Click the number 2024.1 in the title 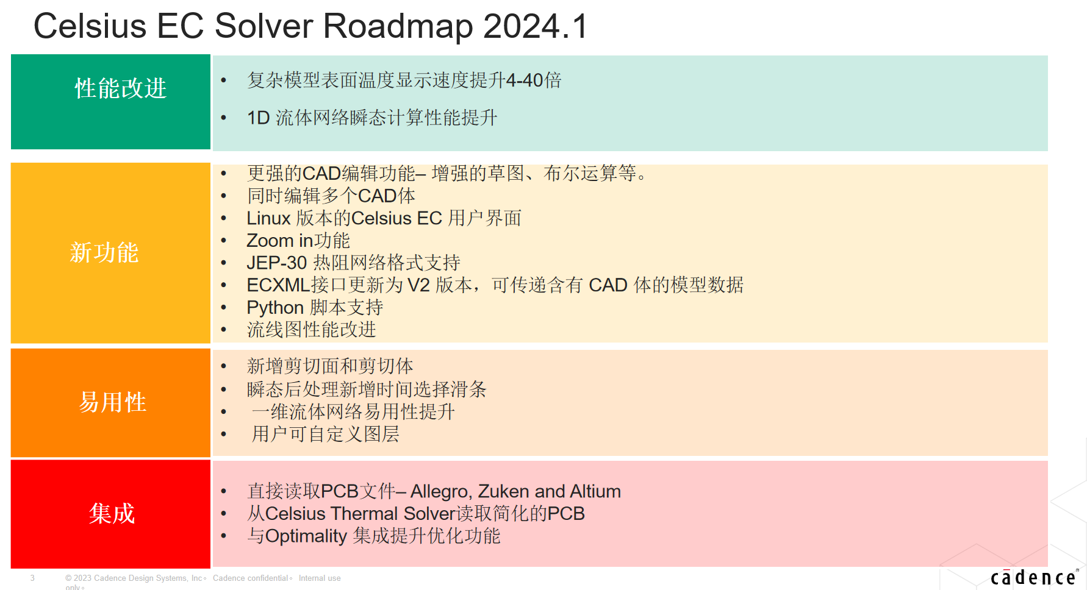pyautogui.click(x=535, y=26)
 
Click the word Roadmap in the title pyautogui.click(x=398, y=26)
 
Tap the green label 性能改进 pyautogui.click(x=121, y=88)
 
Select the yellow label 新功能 pyautogui.click(x=104, y=252)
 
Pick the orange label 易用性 pyautogui.click(x=113, y=402)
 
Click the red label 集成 pyautogui.click(x=112, y=513)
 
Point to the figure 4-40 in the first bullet pyautogui.click(x=525, y=80)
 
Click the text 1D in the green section pyautogui.click(x=258, y=118)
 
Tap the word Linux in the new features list pyautogui.click(x=268, y=218)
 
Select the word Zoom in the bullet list pyautogui.click(x=270, y=241)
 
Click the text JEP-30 pyautogui.click(x=276, y=263)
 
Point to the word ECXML pyautogui.click(x=278, y=285)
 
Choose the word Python pyautogui.click(x=275, y=308)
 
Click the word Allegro pyautogui.click(x=440, y=491)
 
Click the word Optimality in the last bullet pyautogui.click(x=306, y=536)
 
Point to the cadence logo pyautogui.click(x=1035, y=577)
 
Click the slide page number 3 pyautogui.click(x=32, y=578)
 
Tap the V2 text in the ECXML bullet pyautogui.click(x=418, y=285)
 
